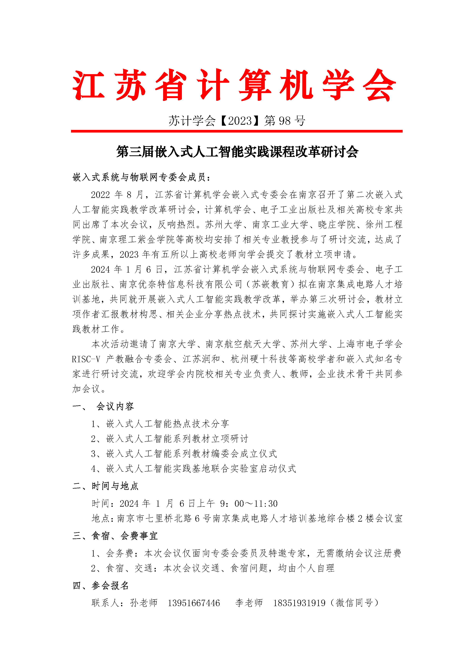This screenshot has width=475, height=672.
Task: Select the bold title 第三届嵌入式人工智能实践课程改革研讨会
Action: [237, 152]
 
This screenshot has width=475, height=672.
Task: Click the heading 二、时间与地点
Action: [106, 486]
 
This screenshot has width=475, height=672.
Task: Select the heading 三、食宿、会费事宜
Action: [115, 536]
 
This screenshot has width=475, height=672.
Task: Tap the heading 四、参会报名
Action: [101, 586]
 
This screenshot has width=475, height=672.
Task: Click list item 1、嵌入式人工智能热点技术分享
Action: [160, 424]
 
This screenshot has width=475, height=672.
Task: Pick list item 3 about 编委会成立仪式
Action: [184, 454]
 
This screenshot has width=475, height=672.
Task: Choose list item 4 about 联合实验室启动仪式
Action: [193, 469]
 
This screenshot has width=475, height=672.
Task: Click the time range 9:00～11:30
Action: [249, 503]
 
